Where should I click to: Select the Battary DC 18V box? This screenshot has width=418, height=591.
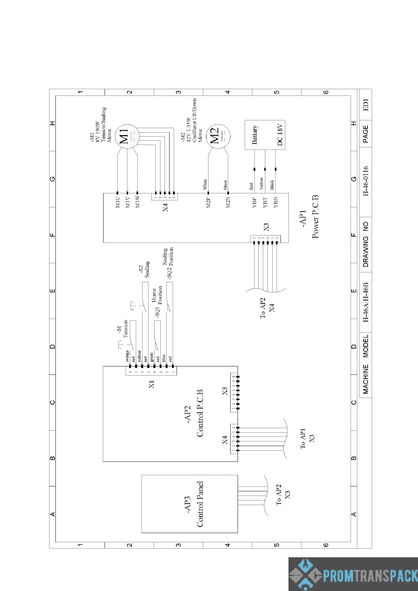(x=265, y=135)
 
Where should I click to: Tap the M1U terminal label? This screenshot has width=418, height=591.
(x=118, y=202)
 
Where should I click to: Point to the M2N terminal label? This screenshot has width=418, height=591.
(x=228, y=202)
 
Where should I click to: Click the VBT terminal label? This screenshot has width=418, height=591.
(x=265, y=202)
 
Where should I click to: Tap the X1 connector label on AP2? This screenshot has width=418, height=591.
(x=152, y=384)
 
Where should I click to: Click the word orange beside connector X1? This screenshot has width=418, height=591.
(x=127, y=356)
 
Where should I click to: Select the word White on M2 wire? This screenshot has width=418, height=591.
(x=205, y=184)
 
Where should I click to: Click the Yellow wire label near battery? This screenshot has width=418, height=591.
(x=261, y=184)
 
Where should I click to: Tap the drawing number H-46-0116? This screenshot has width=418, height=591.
(x=366, y=181)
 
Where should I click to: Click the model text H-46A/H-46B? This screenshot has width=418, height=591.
(x=366, y=302)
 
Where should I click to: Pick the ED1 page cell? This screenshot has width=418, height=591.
(x=366, y=105)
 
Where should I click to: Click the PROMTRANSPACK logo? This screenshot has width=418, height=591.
(x=353, y=574)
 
